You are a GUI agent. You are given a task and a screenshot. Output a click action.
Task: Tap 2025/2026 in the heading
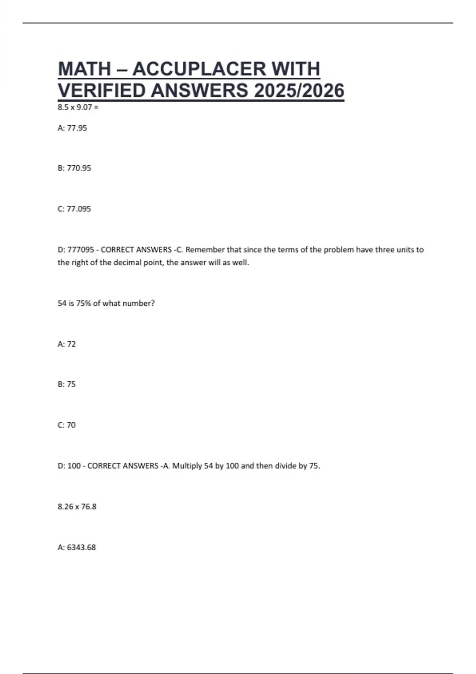pos(299,91)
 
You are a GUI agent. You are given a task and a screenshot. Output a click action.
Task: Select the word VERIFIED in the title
pos(102,91)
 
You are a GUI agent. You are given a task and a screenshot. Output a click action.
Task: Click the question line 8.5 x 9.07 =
pos(78,107)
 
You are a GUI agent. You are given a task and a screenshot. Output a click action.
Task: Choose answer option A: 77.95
pos(72,128)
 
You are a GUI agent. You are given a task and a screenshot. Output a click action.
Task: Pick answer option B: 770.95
pos(74,168)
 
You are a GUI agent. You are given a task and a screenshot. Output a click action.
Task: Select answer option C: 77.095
pos(74,209)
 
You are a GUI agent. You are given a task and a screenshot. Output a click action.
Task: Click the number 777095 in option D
pos(81,250)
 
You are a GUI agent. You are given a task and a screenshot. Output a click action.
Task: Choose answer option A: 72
pos(67,344)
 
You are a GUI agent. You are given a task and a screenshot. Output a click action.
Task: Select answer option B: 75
pos(67,384)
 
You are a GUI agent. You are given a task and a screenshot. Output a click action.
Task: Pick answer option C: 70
pos(67,425)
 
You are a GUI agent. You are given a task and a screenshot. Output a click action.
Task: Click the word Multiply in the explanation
pos(187,466)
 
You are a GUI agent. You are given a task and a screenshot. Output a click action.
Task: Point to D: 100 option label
pos(69,466)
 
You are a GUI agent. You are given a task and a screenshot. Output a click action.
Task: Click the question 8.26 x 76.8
pos(77,507)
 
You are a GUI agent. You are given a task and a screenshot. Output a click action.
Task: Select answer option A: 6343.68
pos(77,548)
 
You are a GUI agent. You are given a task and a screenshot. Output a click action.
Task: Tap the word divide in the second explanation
pos(285,466)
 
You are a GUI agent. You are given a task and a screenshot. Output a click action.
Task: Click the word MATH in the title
pos(84,69)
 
